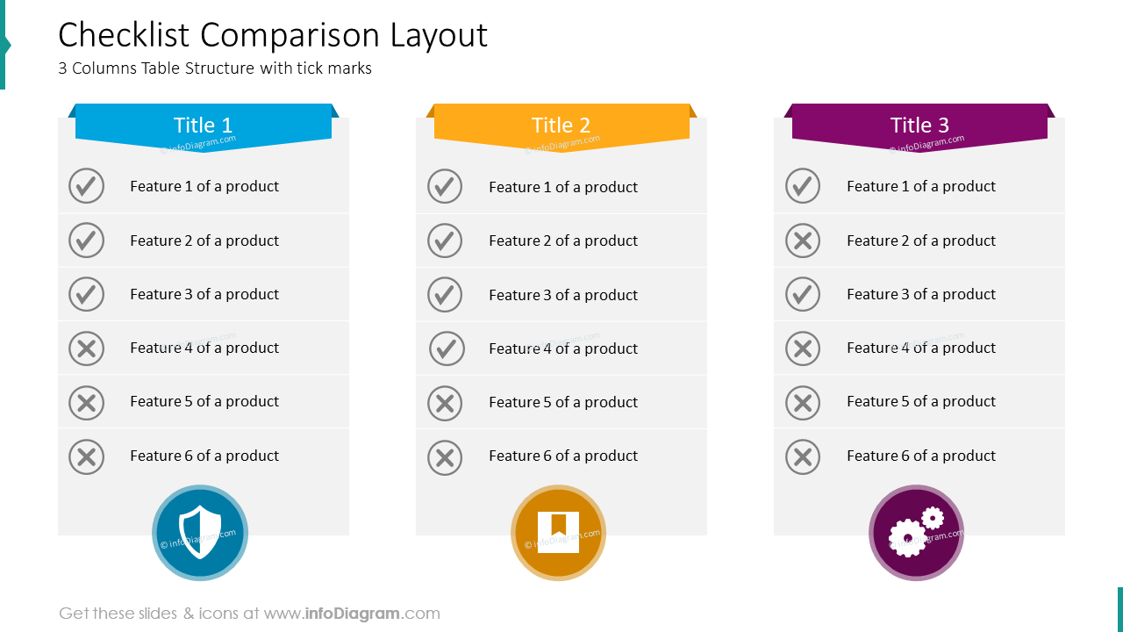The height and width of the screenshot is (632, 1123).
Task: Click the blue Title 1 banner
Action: coord(204,126)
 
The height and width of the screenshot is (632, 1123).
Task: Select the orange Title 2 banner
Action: coord(561,126)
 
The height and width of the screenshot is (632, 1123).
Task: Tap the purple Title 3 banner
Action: coord(919,126)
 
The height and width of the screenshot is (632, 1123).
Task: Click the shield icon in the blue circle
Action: coord(200,533)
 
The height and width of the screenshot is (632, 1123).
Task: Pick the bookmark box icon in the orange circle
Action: coord(558,533)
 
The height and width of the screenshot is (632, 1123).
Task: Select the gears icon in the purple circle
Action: coord(916,533)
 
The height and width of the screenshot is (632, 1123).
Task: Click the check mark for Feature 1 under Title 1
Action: coord(86,186)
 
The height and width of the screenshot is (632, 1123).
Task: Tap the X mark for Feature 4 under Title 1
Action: coord(86,348)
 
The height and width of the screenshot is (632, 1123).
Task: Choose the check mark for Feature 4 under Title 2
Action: coord(447,348)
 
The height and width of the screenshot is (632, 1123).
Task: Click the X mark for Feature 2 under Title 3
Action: coord(803,241)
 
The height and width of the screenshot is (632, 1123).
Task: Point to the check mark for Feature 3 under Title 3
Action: coord(803,294)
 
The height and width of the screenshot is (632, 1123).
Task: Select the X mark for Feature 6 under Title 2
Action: coord(445,457)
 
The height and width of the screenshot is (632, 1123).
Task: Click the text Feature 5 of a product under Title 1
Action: coord(204,401)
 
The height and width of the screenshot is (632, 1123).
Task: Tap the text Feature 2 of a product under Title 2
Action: coord(563,241)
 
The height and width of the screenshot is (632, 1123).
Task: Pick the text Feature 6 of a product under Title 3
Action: coord(921,456)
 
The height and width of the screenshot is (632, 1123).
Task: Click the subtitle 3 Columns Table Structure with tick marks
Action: coord(215,68)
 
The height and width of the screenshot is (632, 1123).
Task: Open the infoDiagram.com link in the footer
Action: coord(372,614)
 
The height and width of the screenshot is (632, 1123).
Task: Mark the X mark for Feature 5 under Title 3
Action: coord(803,403)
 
